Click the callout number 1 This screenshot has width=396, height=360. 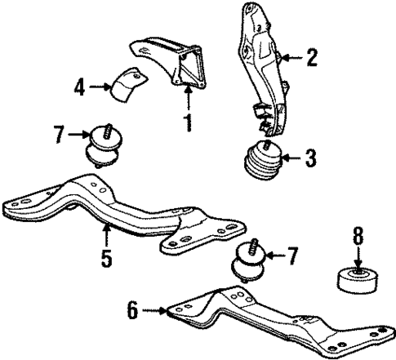[x=189, y=125]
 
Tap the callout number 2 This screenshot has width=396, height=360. [x=310, y=57]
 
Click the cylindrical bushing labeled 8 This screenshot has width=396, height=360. [x=357, y=284]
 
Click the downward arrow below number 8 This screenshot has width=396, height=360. [x=357, y=261]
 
